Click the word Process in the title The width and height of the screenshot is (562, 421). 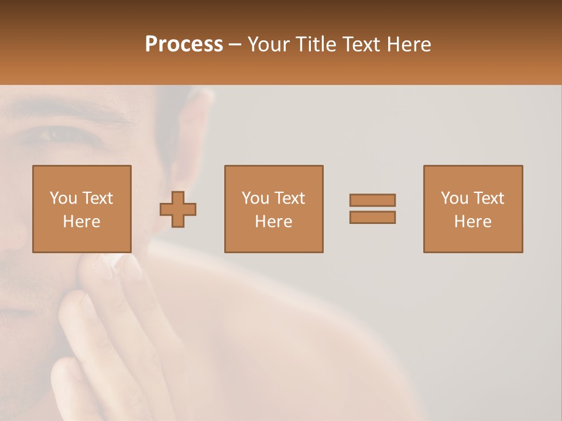(184, 44)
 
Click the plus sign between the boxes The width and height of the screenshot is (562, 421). (178, 209)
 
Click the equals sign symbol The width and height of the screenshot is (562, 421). (372, 209)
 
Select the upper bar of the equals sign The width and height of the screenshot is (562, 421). (372, 200)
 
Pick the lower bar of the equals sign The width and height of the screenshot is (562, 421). (372, 218)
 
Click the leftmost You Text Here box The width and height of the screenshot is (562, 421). (82, 209)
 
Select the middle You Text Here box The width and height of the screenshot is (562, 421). (274, 209)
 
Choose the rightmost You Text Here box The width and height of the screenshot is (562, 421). (473, 209)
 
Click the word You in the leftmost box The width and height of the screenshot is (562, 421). (63, 198)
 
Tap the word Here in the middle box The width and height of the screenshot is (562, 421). (274, 222)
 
